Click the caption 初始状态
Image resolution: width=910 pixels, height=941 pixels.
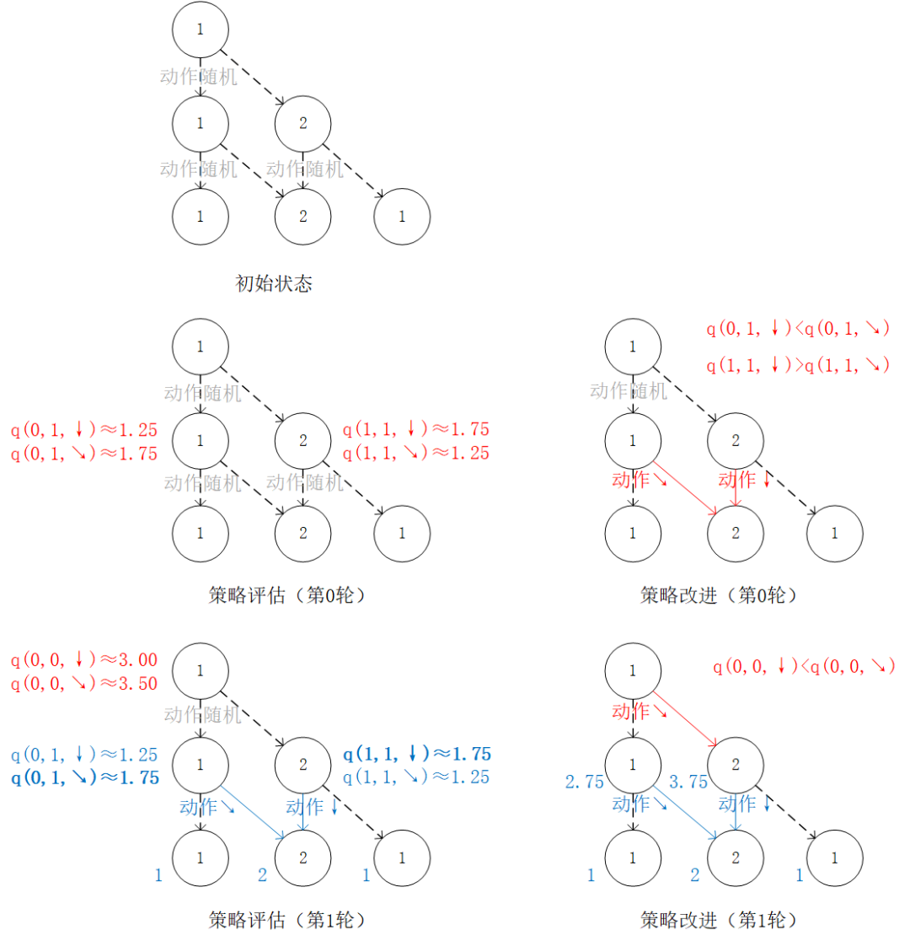click(x=273, y=283)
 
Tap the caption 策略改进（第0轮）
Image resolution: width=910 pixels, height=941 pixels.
click(x=718, y=595)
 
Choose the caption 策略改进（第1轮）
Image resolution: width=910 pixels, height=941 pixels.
click(x=718, y=919)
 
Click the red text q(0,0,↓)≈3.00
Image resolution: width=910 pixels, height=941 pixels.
click(x=84, y=660)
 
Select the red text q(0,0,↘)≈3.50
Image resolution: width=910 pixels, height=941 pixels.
click(x=84, y=684)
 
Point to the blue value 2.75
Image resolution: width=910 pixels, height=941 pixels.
click(x=585, y=782)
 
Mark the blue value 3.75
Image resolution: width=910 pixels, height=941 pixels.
click(x=688, y=782)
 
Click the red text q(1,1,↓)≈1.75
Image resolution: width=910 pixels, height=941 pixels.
click(x=416, y=430)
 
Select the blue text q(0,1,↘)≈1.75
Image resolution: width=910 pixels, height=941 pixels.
click(x=84, y=777)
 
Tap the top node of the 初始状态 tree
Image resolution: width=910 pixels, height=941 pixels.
click(x=200, y=29)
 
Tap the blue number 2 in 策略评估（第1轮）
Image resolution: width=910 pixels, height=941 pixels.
click(x=262, y=874)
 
